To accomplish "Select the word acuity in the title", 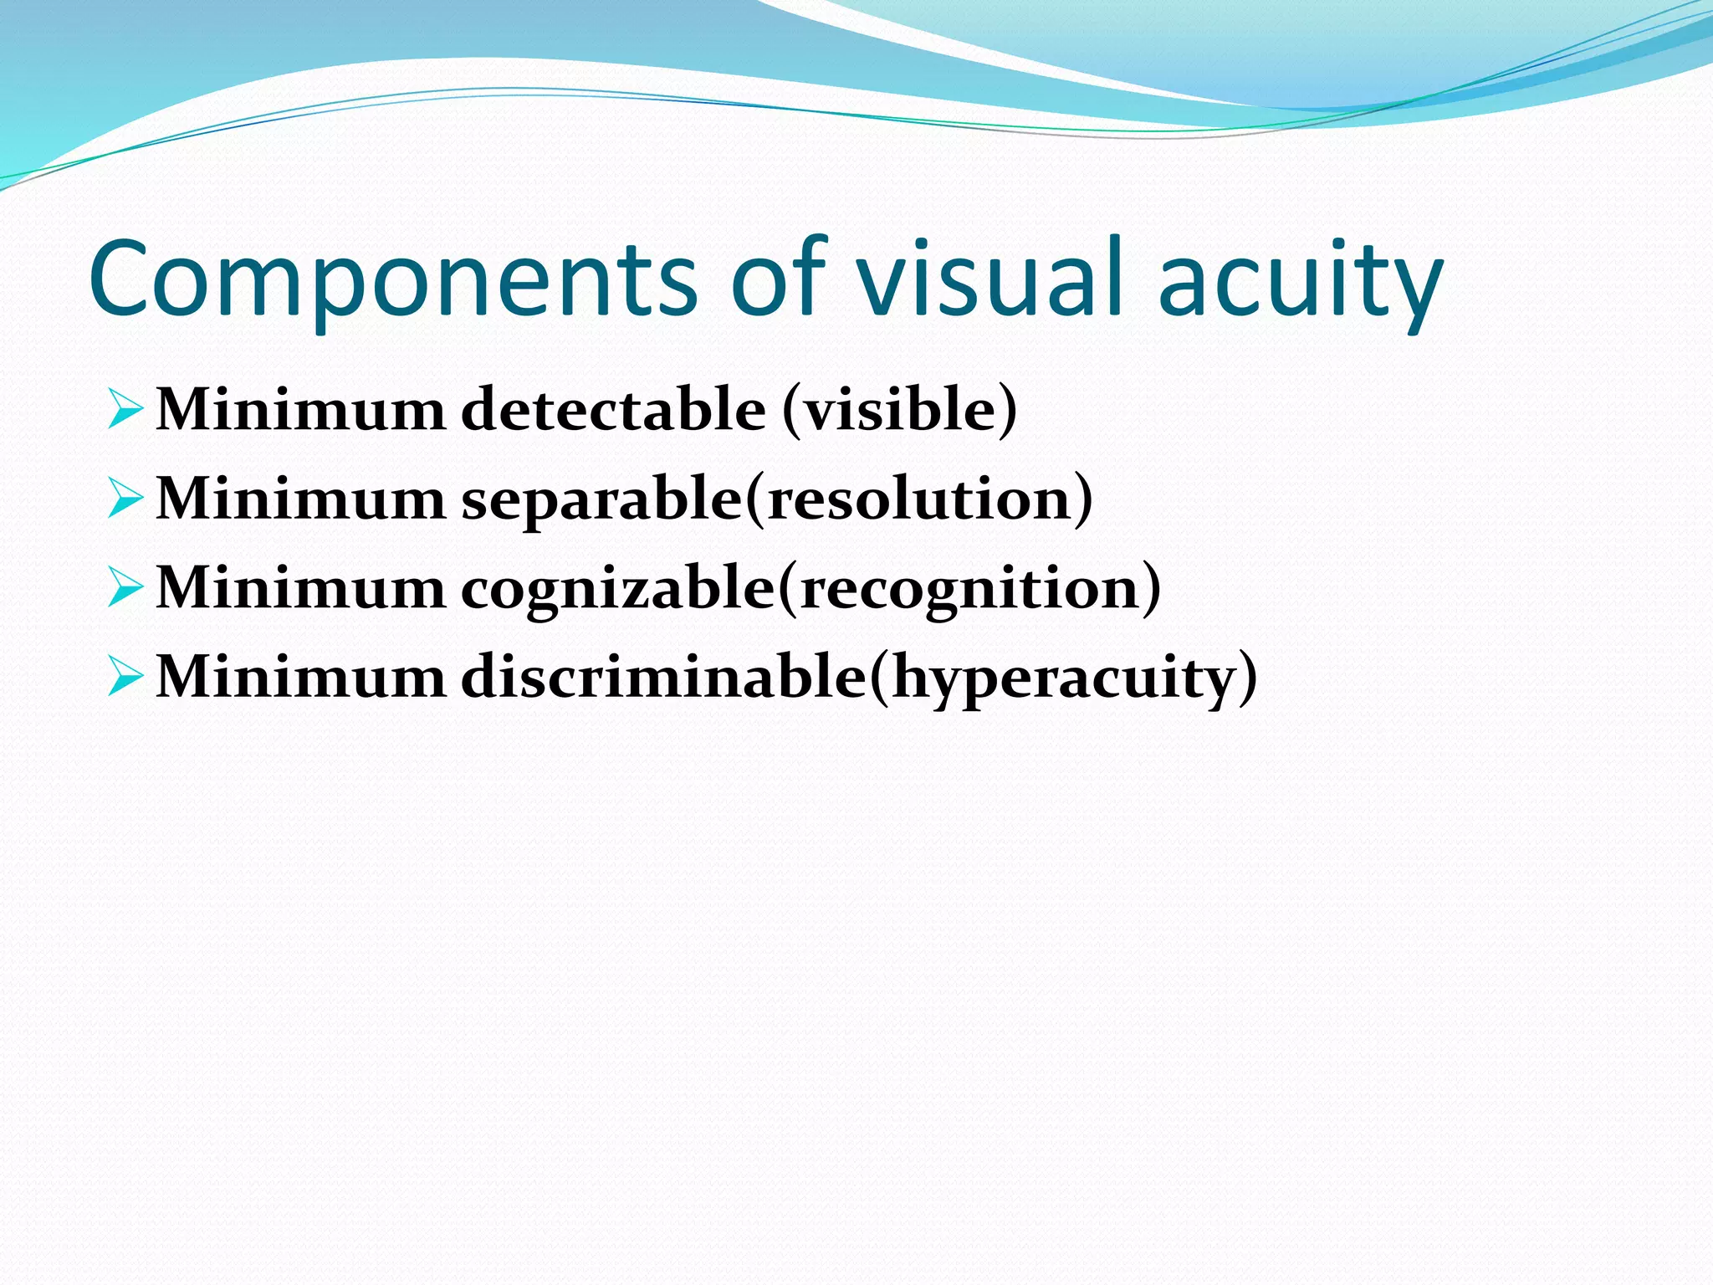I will click(x=1301, y=278).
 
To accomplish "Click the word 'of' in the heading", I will click(x=778, y=278).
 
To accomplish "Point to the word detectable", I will click(x=613, y=410).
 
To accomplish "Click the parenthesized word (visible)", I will click(x=900, y=410).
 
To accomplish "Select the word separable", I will click(x=602, y=499).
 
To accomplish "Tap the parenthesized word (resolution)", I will click(x=918, y=499).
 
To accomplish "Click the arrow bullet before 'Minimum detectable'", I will click(x=125, y=410).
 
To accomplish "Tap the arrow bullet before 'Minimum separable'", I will click(x=125, y=499).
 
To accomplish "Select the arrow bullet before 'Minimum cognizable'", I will click(x=125, y=587).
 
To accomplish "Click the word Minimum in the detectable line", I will click(x=301, y=410).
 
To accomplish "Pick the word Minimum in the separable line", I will click(x=301, y=499).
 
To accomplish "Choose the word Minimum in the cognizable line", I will click(x=301, y=587).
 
